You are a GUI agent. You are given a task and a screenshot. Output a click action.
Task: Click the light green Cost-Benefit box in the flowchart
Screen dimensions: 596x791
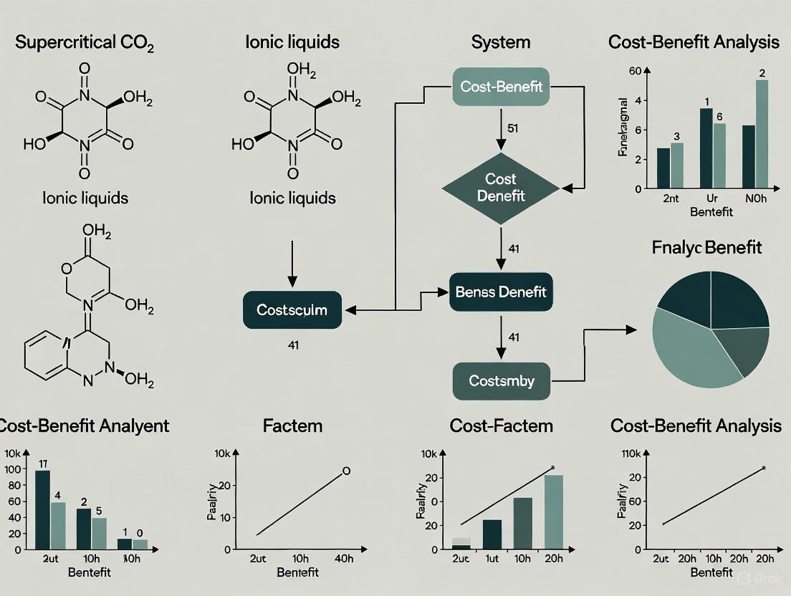click(x=501, y=87)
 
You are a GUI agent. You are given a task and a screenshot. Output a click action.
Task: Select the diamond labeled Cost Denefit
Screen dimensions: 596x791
click(x=500, y=187)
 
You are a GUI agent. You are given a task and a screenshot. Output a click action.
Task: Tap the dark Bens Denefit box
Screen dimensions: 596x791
click(x=501, y=292)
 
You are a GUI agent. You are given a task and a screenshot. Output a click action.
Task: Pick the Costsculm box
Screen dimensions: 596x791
click(x=292, y=310)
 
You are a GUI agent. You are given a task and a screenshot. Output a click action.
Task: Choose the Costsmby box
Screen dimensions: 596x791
click(x=501, y=381)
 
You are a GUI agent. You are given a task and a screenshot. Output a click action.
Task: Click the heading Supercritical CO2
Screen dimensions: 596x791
click(x=85, y=42)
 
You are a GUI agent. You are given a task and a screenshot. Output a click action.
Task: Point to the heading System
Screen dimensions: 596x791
click(x=501, y=42)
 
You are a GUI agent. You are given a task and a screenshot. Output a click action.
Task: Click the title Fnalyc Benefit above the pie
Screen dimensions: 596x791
click(x=707, y=249)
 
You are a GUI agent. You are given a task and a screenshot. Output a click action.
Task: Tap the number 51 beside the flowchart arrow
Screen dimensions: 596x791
click(x=512, y=129)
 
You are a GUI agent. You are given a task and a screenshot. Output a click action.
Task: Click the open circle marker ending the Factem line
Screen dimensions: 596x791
click(x=346, y=471)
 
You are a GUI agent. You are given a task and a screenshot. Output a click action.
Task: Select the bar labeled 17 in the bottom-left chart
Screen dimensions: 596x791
click(x=42, y=509)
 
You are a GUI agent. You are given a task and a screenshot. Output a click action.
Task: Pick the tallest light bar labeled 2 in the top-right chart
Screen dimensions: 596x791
click(x=762, y=134)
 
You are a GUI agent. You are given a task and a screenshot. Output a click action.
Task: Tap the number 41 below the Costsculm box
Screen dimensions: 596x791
click(x=292, y=345)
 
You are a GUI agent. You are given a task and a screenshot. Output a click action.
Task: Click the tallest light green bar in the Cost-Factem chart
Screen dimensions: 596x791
click(x=553, y=511)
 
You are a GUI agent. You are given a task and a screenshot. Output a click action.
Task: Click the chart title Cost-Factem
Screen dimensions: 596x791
click(x=501, y=426)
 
